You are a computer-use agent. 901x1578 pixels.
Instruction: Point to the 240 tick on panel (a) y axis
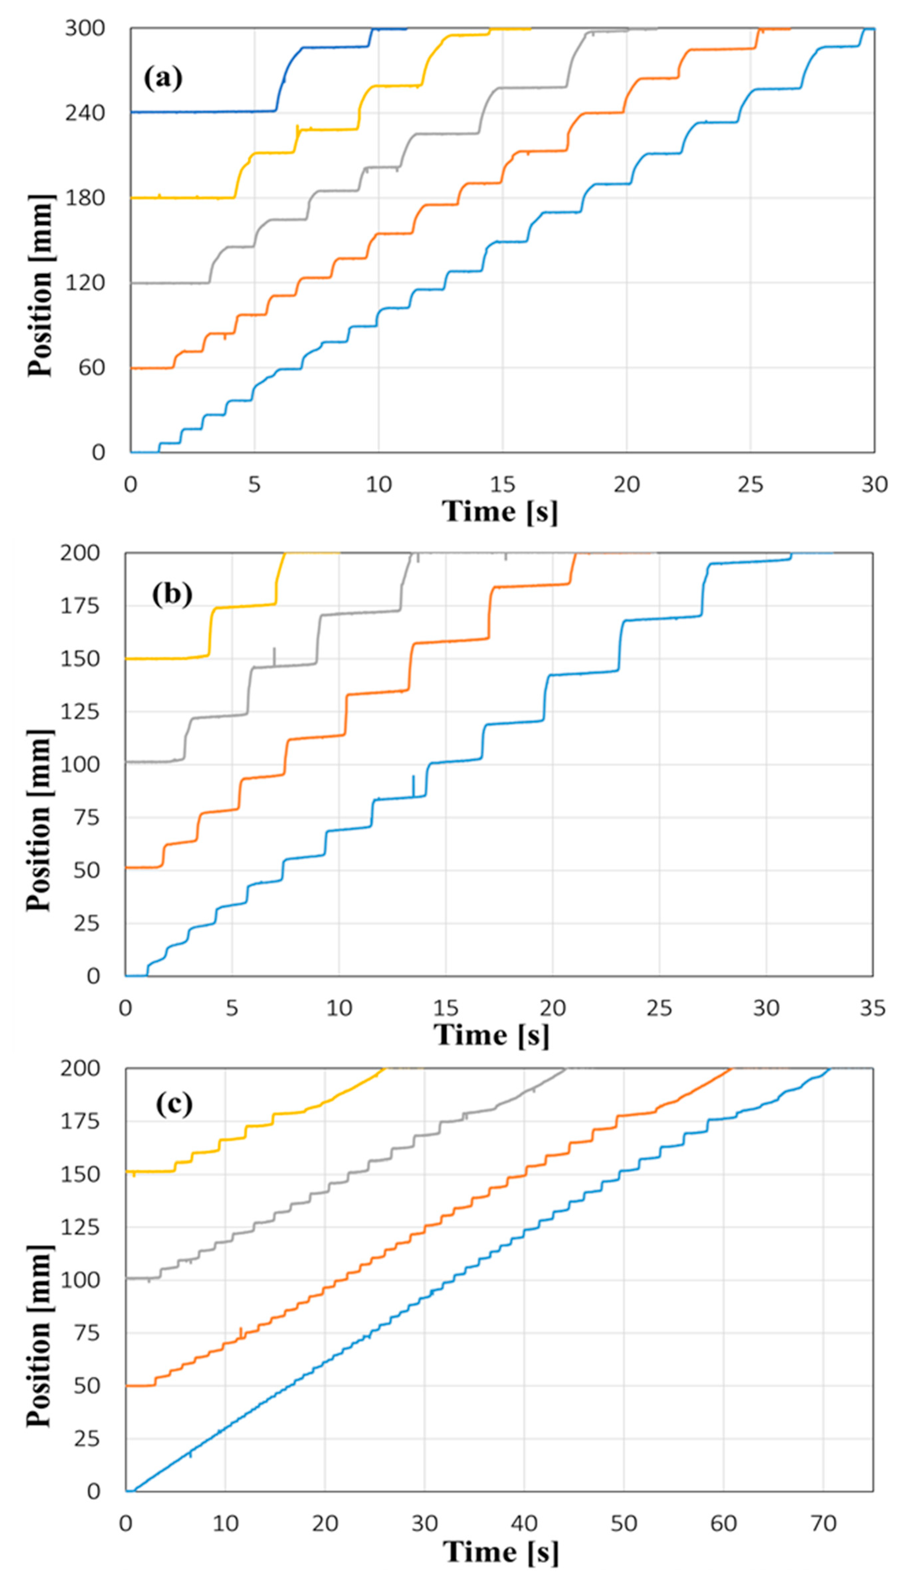(x=85, y=113)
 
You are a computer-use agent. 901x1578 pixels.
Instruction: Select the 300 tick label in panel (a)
(x=85, y=29)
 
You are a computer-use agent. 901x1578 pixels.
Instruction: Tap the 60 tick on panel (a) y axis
(x=93, y=368)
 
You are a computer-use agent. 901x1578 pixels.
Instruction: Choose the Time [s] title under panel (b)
(x=491, y=1035)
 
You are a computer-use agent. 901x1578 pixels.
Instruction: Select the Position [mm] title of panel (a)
(x=40, y=285)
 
